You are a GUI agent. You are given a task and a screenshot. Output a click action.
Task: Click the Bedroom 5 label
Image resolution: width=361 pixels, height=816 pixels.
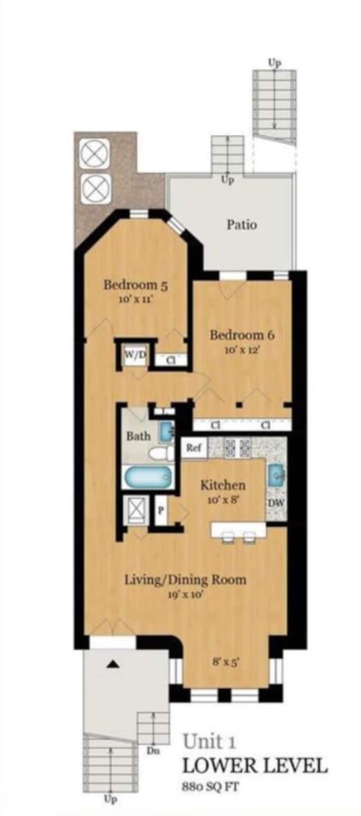(x=135, y=285)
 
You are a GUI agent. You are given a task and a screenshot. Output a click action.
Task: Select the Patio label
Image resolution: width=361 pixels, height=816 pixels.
(x=242, y=225)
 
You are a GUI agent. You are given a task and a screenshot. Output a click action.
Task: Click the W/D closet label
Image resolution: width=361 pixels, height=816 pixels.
(x=135, y=354)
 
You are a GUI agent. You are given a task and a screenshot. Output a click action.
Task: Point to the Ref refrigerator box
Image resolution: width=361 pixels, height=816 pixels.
(x=194, y=447)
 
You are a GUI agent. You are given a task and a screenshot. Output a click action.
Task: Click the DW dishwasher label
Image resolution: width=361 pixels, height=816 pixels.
(x=276, y=503)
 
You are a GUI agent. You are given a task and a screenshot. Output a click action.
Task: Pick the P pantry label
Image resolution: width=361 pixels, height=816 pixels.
(x=160, y=510)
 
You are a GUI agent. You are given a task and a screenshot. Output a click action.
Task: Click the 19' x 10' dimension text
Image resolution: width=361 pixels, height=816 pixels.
(x=185, y=595)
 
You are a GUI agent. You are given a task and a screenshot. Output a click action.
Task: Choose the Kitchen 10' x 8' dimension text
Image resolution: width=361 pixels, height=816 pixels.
(x=223, y=500)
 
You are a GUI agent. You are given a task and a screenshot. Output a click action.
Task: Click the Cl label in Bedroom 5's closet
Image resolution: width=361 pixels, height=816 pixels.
(x=171, y=360)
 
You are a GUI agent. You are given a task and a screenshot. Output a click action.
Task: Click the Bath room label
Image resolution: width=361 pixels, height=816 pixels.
(x=138, y=436)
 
